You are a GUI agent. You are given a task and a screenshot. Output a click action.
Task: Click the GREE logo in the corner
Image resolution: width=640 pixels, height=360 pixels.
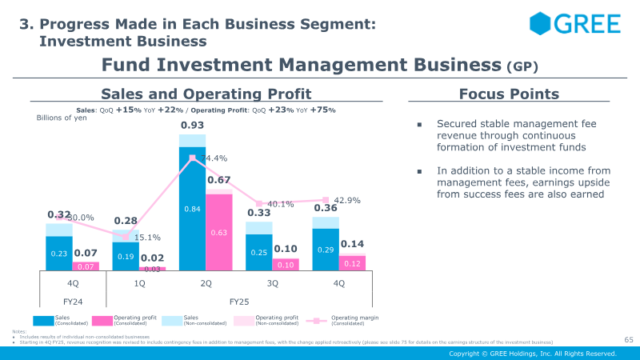pos(574,24)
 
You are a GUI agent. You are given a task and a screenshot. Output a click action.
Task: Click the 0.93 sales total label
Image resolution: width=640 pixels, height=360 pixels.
pos(192,126)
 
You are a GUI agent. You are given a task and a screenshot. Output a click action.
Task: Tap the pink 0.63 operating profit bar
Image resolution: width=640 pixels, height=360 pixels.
pos(218,232)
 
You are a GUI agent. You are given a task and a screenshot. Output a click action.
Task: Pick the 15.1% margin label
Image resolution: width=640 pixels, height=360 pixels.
pos(146,238)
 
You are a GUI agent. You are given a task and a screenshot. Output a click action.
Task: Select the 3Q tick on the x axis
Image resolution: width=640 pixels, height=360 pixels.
pos(272,283)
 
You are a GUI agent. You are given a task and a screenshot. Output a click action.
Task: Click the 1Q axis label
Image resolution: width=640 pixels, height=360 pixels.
pos(139,283)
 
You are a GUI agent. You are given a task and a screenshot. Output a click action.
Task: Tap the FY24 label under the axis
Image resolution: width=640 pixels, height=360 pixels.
pos(73,302)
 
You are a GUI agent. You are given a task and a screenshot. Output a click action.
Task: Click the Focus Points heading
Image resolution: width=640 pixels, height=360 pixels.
pos(509,94)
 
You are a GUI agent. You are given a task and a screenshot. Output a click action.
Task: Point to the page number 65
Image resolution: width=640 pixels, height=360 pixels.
pos(628,340)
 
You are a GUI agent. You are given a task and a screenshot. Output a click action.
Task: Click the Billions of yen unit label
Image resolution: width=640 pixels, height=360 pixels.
pos(62,118)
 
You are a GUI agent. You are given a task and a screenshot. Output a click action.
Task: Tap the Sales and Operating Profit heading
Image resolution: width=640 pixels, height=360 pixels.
pos(206,94)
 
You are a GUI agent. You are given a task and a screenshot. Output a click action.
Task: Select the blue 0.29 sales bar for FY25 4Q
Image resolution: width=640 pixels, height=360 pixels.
pos(326,250)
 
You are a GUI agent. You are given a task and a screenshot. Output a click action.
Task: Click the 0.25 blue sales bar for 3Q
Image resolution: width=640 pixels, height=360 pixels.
pos(259,252)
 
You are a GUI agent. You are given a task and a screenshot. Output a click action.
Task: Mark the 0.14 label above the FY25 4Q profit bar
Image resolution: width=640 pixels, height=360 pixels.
pos(352,244)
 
